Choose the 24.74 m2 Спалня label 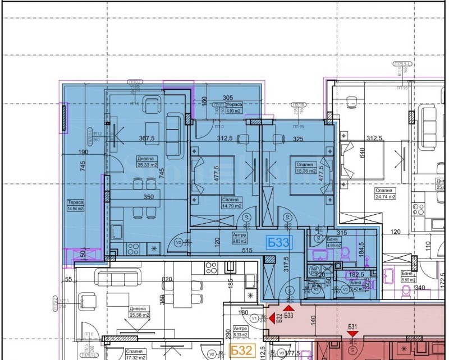[387, 193]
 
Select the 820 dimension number [167, 279]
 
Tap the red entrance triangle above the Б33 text [289, 308]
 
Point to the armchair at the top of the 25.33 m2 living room [152, 103]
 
